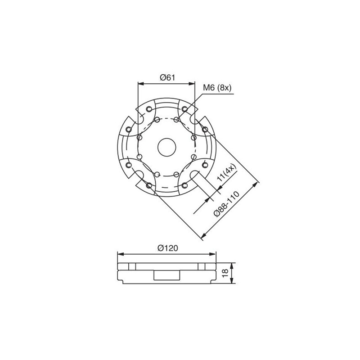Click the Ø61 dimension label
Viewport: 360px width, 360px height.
(x=167, y=77)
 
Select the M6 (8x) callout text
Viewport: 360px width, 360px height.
(x=216, y=88)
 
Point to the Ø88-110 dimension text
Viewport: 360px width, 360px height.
(x=229, y=203)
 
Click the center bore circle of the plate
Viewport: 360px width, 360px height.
(x=166, y=146)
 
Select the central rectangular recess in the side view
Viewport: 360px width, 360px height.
(x=167, y=275)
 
